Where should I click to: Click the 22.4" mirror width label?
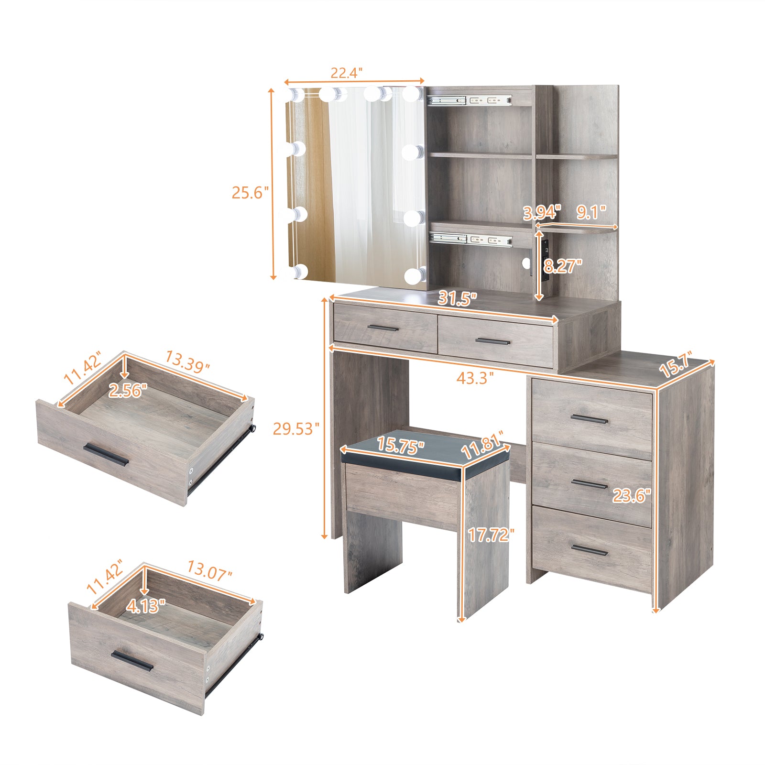coord(347,73)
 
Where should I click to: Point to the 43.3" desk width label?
coord(474,378)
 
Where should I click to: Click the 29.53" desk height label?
coord(296,429)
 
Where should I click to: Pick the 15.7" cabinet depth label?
coord(676,366)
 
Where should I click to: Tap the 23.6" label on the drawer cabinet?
coord(632,496)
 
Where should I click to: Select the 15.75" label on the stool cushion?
coord(400,445)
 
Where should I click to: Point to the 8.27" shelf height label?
coord(563,266)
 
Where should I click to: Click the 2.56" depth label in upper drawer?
coord(128,391)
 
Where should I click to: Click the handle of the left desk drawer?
coord(382,328)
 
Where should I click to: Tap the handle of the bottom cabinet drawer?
coord(590,550)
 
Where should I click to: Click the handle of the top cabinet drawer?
coord(590,420)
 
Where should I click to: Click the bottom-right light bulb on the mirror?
coord(414,275)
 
